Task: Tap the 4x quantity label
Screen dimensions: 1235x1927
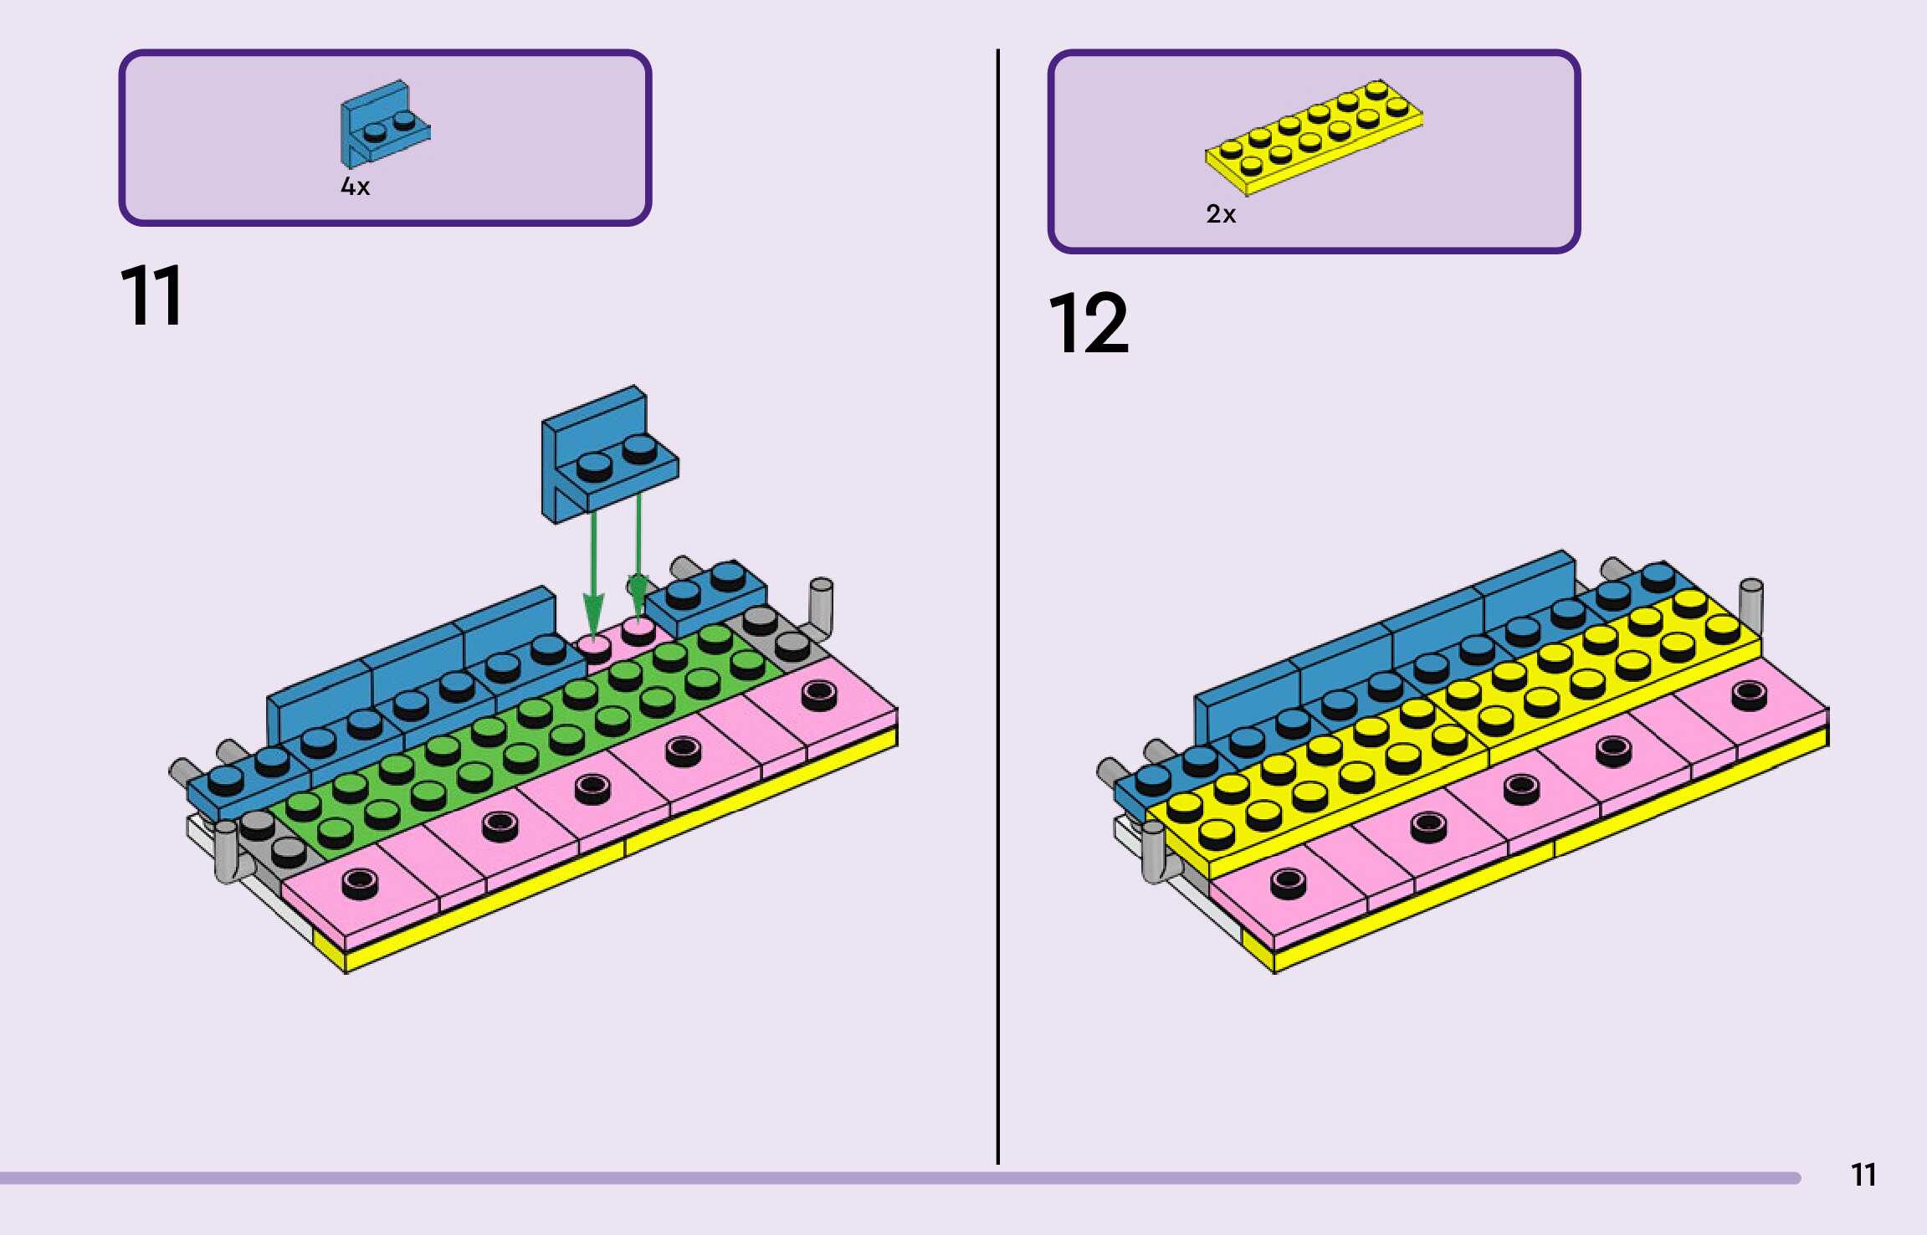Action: point(355,187)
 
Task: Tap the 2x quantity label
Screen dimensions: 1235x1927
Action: point(1221,215)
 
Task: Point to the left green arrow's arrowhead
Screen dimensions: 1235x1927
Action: point(593,616)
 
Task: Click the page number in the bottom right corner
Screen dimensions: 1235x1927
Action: point(1863,1176)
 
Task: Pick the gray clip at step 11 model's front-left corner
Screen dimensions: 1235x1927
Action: point(227,852)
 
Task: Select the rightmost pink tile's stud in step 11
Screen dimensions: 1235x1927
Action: point(818,694)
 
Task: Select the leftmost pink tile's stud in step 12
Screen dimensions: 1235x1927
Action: point(1287,882)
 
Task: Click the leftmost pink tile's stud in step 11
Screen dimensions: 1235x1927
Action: point(360,882)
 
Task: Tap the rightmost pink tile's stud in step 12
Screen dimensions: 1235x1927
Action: point(1749,694)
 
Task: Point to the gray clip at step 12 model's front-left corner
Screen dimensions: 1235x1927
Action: point(1154,852)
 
